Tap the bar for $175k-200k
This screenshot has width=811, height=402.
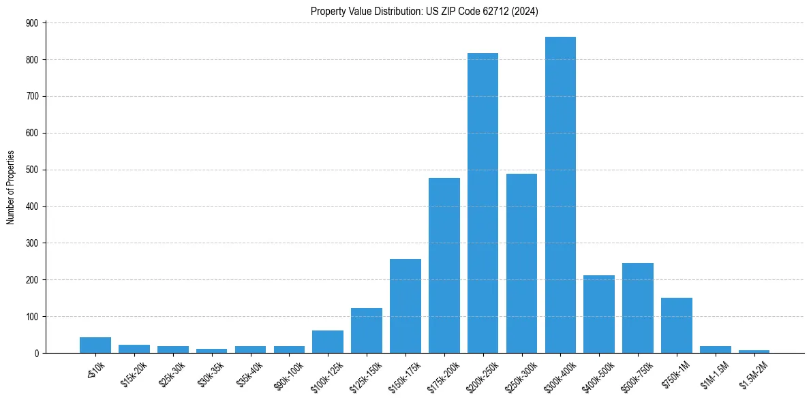(444, 266)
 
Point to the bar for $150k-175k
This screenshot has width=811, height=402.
(405, 306)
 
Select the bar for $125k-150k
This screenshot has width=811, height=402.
(367, 330)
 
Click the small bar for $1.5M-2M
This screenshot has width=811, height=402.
(754, 351)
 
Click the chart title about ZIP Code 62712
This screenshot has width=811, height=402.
(425, 11)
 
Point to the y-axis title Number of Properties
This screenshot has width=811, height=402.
(10, 187)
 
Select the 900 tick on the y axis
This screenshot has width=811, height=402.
(32, 23)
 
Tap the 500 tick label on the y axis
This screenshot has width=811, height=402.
(32, 170)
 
